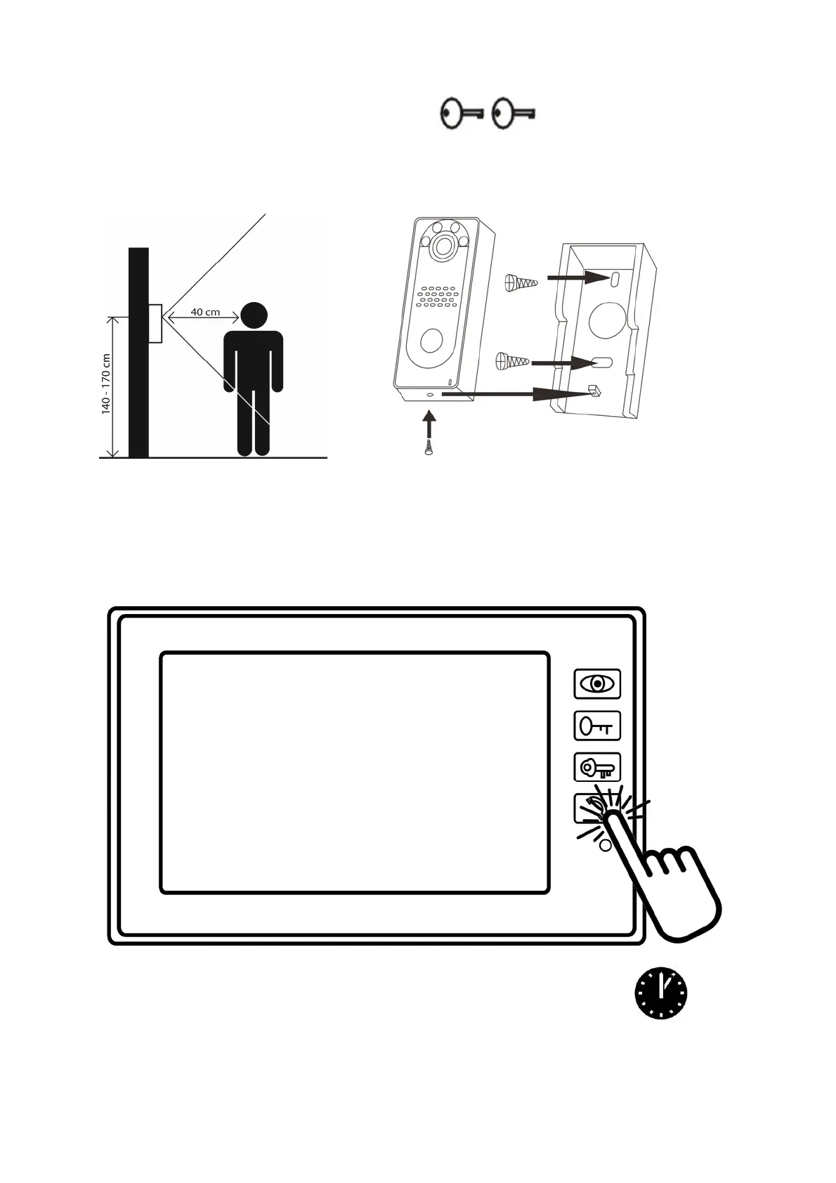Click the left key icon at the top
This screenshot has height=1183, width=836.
462,113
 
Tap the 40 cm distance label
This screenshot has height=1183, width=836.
205,312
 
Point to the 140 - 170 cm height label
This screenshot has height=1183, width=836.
106,384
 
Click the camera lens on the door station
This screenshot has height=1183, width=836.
443,245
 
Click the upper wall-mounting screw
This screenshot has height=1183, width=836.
521,282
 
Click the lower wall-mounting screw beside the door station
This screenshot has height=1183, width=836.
512,361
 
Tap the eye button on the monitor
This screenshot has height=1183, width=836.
597,684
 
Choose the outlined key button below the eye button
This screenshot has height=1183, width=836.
597,726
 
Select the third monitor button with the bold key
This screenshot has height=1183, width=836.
597,767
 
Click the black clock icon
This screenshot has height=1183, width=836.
660,993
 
